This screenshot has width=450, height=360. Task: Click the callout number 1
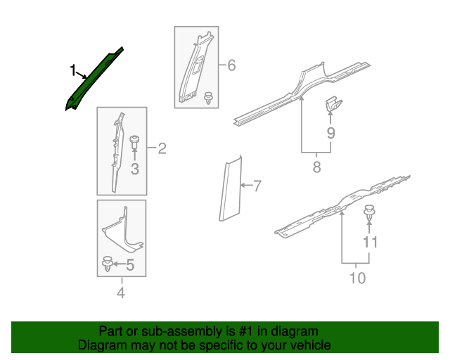72,70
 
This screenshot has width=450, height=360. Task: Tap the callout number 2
162,148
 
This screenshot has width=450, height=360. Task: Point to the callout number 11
371,242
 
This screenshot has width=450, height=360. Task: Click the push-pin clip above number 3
134,141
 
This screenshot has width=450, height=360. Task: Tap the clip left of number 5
107,264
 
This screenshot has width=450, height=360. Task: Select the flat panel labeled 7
228,190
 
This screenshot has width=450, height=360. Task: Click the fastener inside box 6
208,97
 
